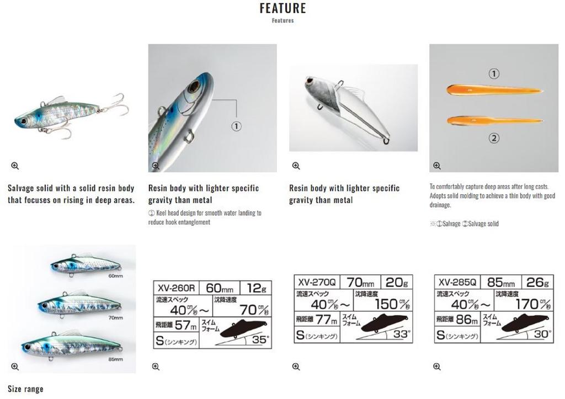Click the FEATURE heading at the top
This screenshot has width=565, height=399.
click(282, 8)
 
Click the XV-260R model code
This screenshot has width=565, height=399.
click(175, 288)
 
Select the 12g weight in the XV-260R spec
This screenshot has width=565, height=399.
click(257, 288)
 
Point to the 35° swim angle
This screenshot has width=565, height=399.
click(259, 339)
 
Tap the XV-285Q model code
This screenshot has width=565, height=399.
click(456, 283)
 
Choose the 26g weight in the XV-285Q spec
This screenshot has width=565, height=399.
click(537, 283)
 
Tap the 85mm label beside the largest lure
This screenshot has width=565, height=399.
click(115, 359)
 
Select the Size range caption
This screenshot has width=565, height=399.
click(25, 389)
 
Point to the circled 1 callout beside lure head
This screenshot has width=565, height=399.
click(236, 126)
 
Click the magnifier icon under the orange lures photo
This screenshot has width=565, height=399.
click(436, 166)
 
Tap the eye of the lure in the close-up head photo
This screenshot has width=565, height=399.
click(194, 87)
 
